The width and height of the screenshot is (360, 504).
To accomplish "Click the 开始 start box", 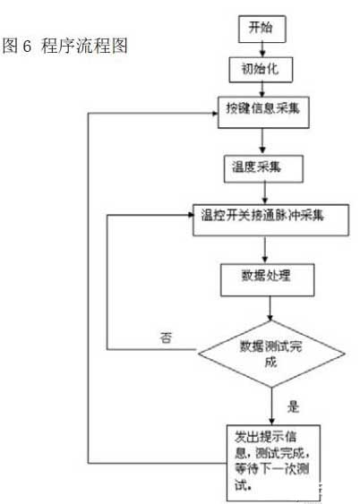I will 261,30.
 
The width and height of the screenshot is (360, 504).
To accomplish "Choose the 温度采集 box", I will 259,167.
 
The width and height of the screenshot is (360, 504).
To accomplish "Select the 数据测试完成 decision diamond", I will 270,350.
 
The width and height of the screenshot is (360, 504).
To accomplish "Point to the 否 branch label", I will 167,338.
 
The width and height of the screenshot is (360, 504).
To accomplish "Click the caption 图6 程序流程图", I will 67,45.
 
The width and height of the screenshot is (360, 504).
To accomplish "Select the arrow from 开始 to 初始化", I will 261,48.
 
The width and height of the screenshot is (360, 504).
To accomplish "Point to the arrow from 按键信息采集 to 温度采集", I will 262,138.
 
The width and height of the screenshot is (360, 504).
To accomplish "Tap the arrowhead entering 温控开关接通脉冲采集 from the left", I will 188,215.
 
